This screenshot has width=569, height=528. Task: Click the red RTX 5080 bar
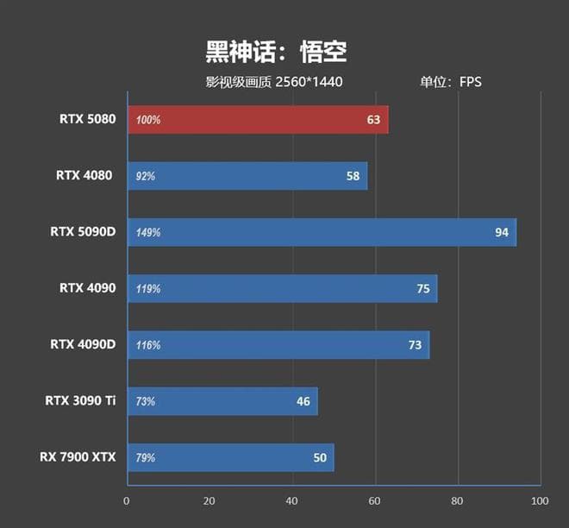click(258, 120)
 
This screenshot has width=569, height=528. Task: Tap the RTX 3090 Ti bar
click(222, 401)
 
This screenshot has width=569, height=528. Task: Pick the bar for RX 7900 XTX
click(230, 457)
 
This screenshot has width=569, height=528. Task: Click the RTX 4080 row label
click(84, 175)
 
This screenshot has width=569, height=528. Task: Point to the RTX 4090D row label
click(82, 344)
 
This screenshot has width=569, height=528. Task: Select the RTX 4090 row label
click(87, 288)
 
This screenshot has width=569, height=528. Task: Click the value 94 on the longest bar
click(501, 233)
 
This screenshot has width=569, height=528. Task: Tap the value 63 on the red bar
click(373, 120)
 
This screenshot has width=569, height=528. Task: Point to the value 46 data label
click(303, 401)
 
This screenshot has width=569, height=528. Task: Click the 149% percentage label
click(148, 233)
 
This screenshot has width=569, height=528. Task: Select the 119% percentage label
click(148, 289)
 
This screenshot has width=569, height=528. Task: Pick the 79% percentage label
click(146, 458)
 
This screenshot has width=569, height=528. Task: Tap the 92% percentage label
click(146, 176)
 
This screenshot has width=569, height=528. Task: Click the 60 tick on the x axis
click(375, 500)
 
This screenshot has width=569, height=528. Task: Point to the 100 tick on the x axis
click(540, 500)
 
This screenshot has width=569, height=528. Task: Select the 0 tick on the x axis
click(127, 500)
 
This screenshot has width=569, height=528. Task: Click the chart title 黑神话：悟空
click(276, 52)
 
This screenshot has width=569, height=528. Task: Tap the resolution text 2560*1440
click(315, 82)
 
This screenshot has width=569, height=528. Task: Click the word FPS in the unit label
click(470, 82)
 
